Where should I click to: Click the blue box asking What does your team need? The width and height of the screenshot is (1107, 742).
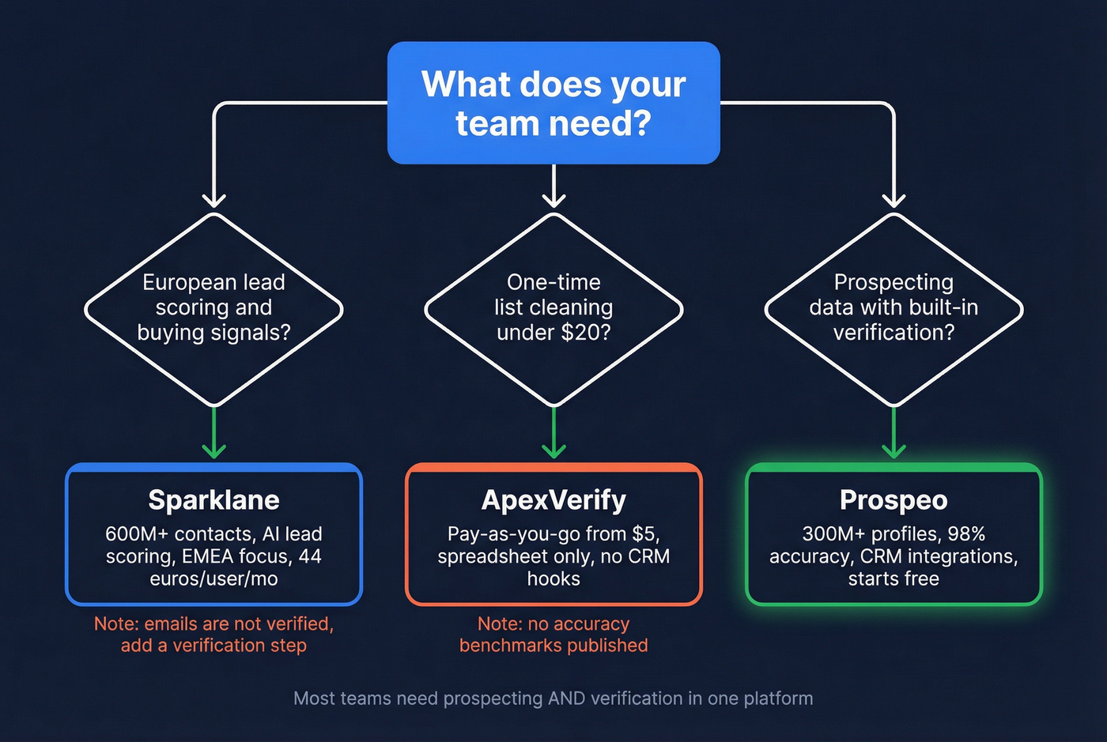(553, 104)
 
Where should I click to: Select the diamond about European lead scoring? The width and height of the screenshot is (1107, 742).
(213, 308)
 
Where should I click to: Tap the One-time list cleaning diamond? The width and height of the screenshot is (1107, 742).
(553, 308)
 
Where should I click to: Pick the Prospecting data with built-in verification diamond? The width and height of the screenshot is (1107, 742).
(894, 308)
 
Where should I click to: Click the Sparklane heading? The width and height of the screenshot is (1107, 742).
(213, 500)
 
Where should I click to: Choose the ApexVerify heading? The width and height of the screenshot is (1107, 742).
(553, 500)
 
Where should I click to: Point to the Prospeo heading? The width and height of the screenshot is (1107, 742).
(894, 500)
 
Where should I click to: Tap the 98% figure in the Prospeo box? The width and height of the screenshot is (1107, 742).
(966, 534)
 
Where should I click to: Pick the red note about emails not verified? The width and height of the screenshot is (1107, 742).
(213, 635)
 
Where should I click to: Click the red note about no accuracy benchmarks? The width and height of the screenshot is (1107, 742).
(553, 635)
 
